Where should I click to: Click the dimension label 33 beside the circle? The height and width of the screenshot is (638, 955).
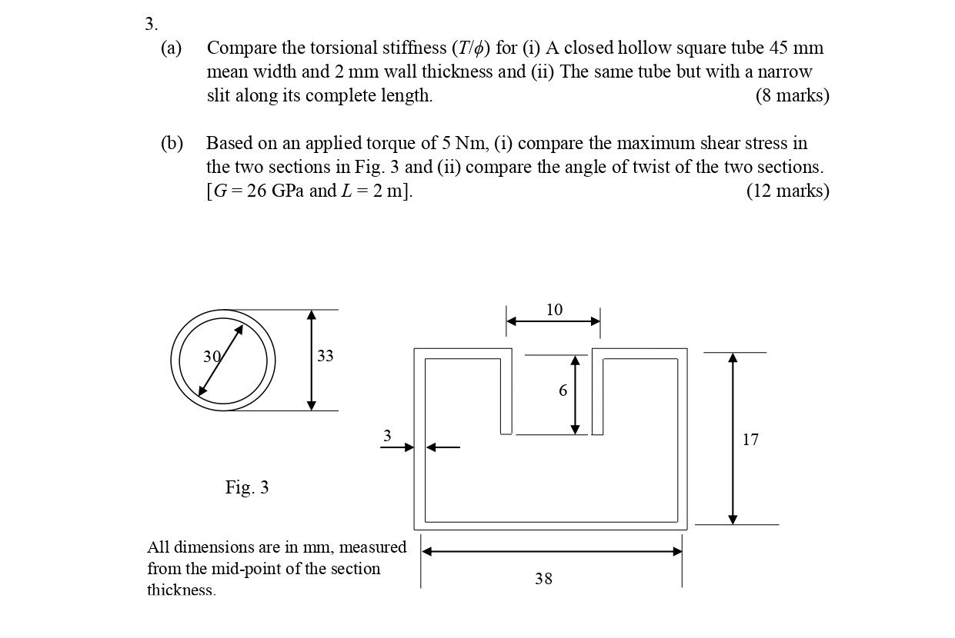coord(326,356)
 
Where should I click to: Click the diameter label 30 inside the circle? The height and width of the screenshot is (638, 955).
coord(212,357)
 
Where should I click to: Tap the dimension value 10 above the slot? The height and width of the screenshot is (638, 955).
coord(554,310)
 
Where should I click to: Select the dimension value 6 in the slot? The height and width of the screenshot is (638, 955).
coord(563,390)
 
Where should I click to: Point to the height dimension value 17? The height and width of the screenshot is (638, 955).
coord(750,440)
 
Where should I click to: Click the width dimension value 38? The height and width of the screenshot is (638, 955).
coord(543,579)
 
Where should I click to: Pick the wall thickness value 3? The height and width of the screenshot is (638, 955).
coord(387,436)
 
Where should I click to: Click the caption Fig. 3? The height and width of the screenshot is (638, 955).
coord(247,487)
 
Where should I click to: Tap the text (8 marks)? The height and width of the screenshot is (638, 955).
coord(792,96)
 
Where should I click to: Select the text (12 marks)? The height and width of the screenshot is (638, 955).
coord(788,191)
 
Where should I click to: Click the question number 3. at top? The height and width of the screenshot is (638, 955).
coord(151,24)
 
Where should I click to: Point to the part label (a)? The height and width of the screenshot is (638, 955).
coord(172,48)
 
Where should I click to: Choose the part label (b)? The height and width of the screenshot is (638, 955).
coord(172,144)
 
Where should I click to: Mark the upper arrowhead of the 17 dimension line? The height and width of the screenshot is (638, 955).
coord(733,358)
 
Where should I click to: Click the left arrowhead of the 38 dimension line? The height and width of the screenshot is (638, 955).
coord(426,551)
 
